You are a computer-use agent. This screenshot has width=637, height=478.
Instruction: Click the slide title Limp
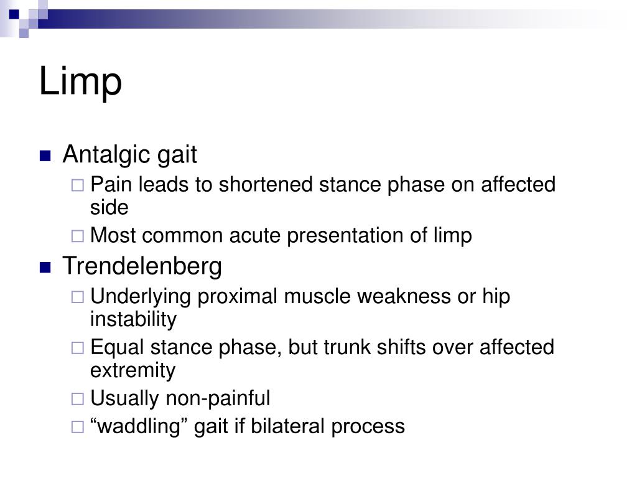click(80, 82)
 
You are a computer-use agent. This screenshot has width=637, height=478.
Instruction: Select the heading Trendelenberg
click(142, 266)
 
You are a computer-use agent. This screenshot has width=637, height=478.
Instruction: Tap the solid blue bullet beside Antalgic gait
click(45, 156)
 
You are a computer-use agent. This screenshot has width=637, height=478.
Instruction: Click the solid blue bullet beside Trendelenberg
click(45, 268)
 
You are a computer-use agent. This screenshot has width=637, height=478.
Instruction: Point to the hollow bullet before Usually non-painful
click(78, 399)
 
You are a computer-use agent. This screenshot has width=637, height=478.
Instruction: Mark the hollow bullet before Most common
click(78, 237)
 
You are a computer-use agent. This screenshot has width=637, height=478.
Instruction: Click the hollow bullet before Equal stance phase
click(78, 348)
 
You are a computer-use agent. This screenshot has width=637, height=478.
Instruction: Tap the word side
click(109, 207)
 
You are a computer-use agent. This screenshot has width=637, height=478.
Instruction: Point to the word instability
click(133, 319)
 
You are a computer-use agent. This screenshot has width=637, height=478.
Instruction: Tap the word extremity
click(133, 370)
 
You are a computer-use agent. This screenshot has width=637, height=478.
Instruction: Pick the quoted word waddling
click(140, 426)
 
